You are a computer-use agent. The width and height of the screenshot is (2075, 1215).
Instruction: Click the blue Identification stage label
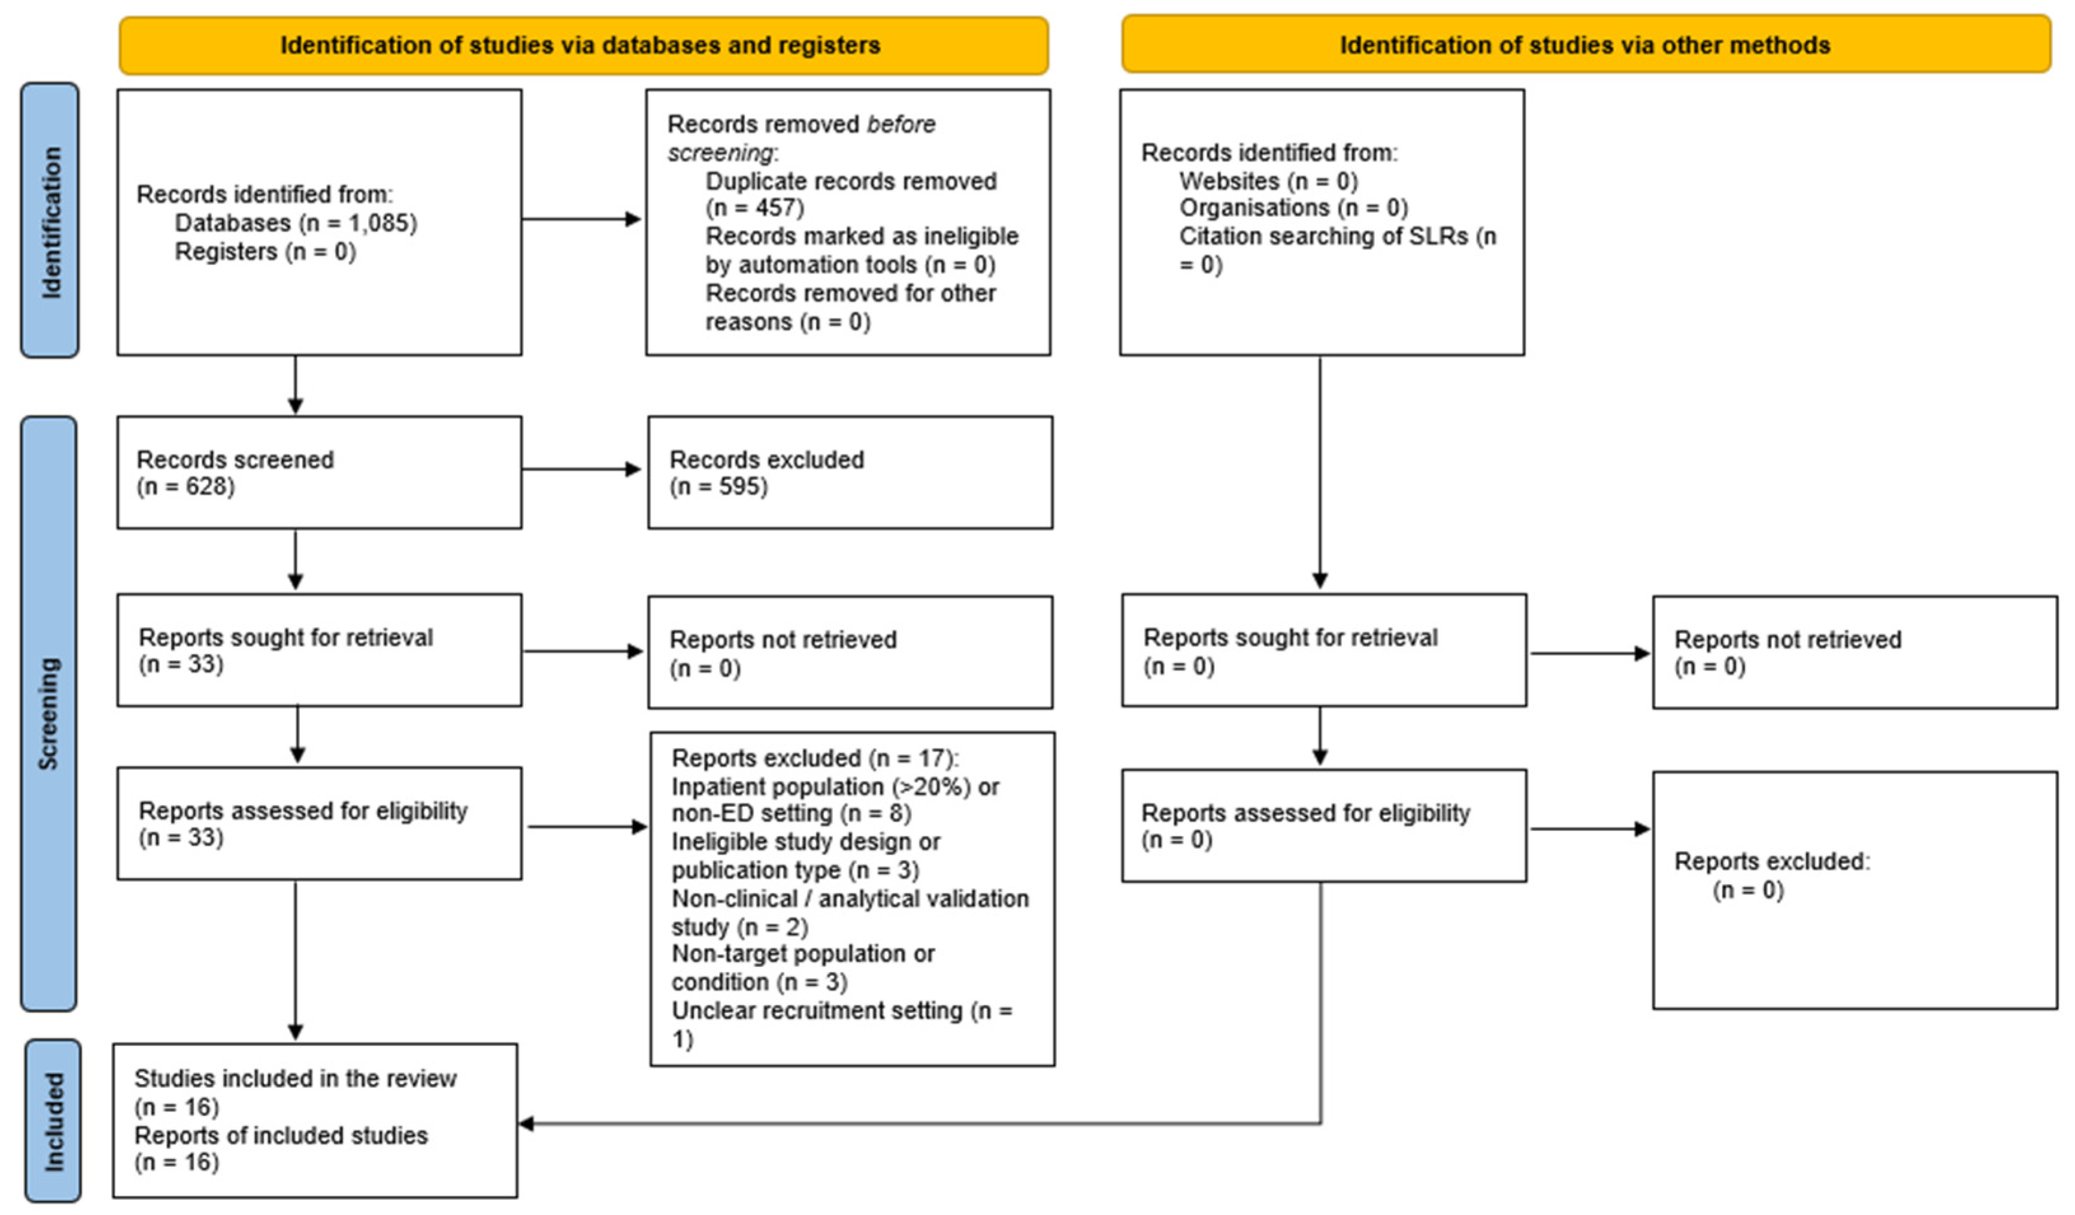point(50,220)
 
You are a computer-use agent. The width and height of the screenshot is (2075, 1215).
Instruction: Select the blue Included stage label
point(52,1121)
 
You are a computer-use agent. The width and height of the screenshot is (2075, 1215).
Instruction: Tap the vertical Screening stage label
point(48,714)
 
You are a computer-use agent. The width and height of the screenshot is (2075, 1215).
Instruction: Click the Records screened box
point(319,472)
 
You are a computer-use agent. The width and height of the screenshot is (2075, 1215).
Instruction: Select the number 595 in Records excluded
point(738,486)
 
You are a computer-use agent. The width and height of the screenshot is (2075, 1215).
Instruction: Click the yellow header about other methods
point(1586,45)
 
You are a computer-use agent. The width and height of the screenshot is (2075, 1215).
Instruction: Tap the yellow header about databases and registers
point(584,45)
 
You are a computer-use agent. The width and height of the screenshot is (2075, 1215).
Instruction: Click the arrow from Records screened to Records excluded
point(581,469)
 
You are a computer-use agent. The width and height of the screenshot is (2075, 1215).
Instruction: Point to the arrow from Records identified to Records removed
point(581,219)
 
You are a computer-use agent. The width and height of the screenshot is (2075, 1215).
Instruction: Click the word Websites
point(1229,181)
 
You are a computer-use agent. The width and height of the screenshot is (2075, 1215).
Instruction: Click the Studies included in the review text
point(296,1078)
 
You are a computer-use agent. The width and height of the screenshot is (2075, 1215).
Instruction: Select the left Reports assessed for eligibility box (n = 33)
point(319,824)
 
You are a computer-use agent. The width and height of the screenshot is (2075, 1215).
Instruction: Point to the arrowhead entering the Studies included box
point(525,1123)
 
